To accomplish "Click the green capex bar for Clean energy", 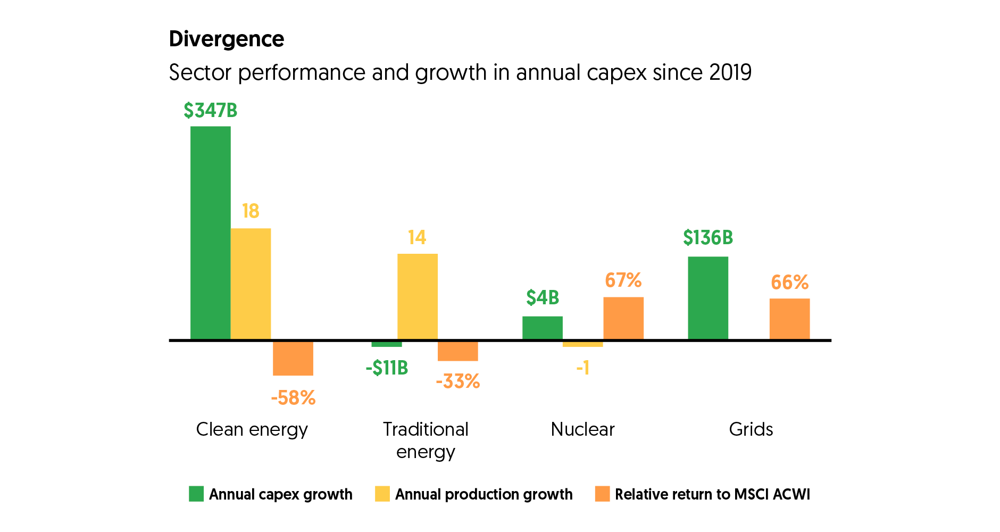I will pos(210,232).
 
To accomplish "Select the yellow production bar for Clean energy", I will pos(251,284).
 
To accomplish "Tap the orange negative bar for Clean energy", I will pos(293,358).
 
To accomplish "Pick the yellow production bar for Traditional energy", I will pos(418,296).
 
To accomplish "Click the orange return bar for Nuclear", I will pos(623,318).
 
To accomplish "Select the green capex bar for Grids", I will pos(708,298).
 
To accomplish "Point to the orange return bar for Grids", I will pos(789,319).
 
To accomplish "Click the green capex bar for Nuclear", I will pos(543,328).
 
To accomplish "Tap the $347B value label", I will pos(210,111).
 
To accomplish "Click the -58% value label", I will pos(293,398).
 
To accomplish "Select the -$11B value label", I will pos(387,368).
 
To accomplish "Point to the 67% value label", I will pos(623,280).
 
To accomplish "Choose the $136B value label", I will pos(708,238).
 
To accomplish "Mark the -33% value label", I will pos(458,381).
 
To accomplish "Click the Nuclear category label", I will pos(582,429).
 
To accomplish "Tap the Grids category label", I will pos(751,429).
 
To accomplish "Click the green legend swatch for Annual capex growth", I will pos(196,494).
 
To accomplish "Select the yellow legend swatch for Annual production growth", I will pos(382,494).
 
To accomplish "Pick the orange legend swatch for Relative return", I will pos(602,494).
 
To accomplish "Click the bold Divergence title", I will pos(227,39).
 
